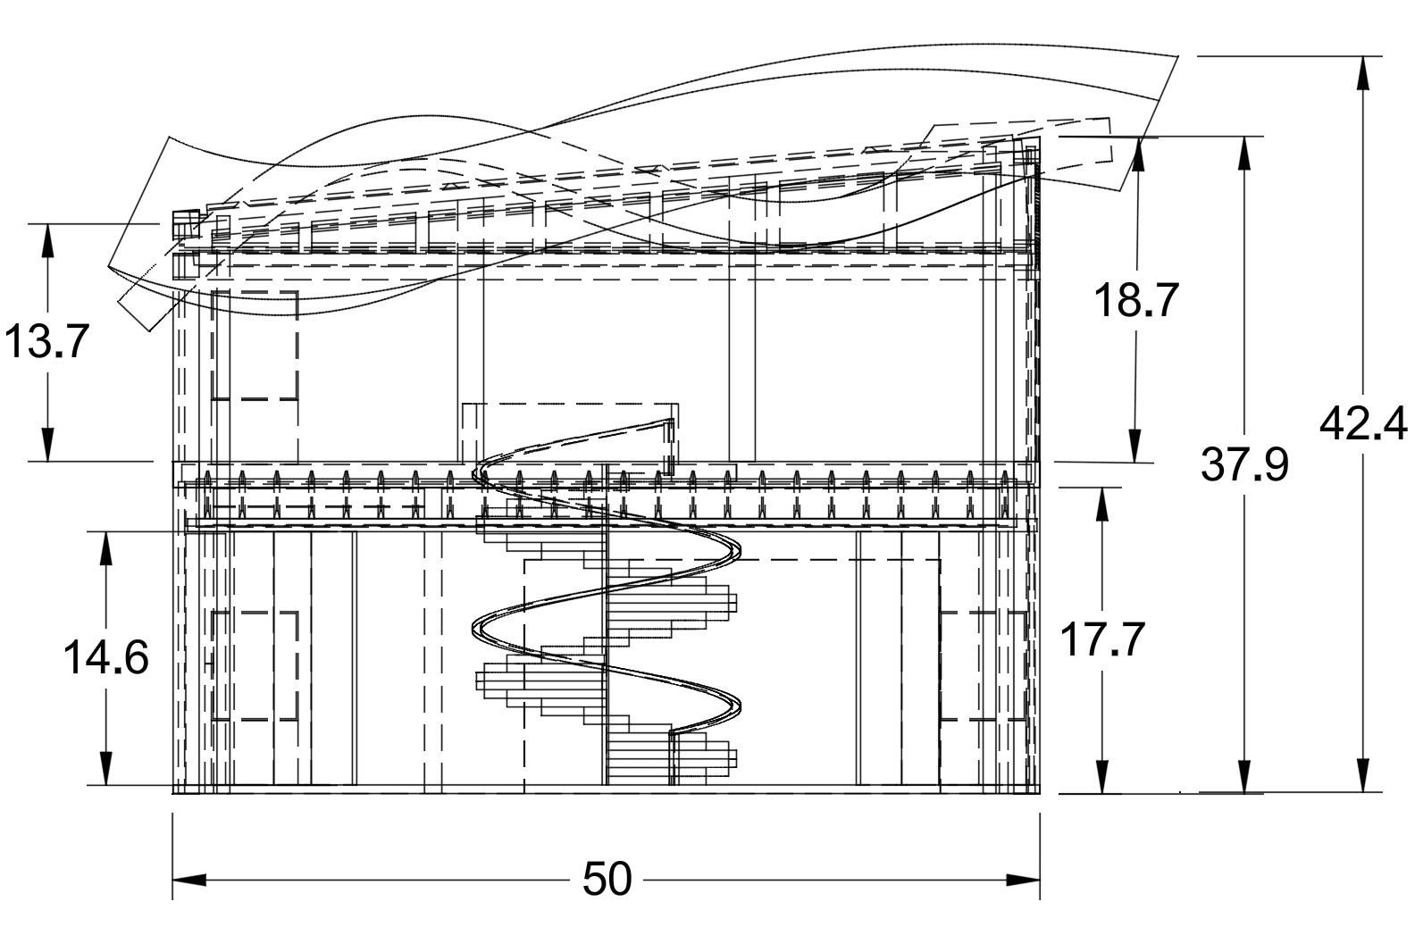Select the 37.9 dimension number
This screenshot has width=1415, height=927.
1244,464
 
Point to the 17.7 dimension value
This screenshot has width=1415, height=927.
1102,639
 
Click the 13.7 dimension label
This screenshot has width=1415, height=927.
46,341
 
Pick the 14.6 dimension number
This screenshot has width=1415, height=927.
105,659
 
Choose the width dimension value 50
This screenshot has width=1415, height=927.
607,880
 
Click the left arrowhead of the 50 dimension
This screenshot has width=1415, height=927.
188,881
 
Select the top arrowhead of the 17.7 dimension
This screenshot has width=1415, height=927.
1102,505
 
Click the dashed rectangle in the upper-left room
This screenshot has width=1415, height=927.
255,345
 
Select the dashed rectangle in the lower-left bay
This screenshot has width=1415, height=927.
255,666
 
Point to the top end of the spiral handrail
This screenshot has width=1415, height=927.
671,422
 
